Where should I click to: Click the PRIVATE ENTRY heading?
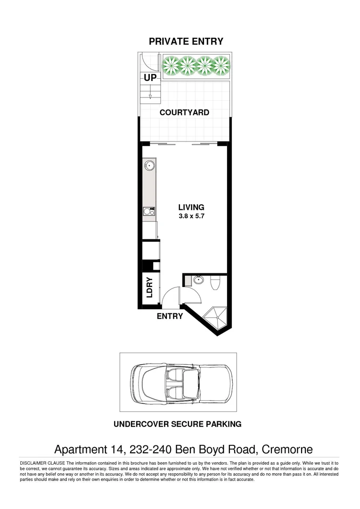coord(186,41)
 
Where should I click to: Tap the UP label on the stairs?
coord(150,78)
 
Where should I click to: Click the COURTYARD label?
coord(184,113)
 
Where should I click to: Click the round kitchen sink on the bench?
coord(150,165)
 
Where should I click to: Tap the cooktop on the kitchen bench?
coord(149,212)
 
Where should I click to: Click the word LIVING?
coord(191,207)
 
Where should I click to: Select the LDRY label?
coord(150,287)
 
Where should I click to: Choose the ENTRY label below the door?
coord(170,316)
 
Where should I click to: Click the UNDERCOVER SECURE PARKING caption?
coord(178,424)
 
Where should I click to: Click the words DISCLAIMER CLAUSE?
coord(42,463)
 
